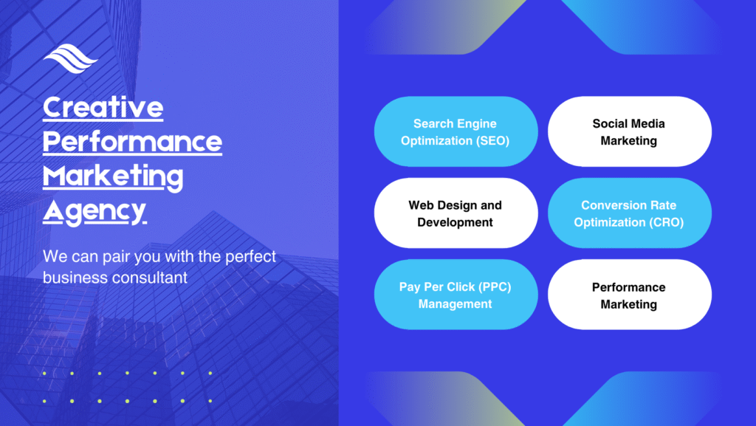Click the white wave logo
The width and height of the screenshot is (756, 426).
click(x=70, y=58)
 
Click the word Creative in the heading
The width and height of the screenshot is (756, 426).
click(x=103, y=107)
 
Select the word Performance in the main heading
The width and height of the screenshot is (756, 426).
click(x=133, y=142)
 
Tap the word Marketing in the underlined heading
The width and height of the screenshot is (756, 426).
click(x=113, y=177)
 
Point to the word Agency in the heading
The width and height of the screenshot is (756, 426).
click(x=94, y=212)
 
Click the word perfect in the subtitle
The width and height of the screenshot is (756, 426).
click(x=251, y=257)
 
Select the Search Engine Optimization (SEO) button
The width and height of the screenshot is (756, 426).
click(x=456, y=131)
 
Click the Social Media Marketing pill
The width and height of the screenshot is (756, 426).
click(x=630, y=131)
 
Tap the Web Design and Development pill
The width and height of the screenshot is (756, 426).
click(x=456, y=213)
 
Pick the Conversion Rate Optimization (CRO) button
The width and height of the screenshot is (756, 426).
click(x=630, y=213)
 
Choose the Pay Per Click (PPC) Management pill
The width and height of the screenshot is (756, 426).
click(x=456, y=295)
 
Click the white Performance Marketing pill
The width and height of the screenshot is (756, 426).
click(x=630, y=295)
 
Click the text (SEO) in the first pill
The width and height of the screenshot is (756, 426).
click(x=492, y=141)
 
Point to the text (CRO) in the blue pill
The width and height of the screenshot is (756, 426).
click(x=667, y=222)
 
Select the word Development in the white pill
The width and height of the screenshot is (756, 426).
click(x=455, y=222)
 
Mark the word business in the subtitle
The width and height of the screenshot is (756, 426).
click(x=75, y=278)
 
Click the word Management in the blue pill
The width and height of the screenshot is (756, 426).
click(x=455, y=304)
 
